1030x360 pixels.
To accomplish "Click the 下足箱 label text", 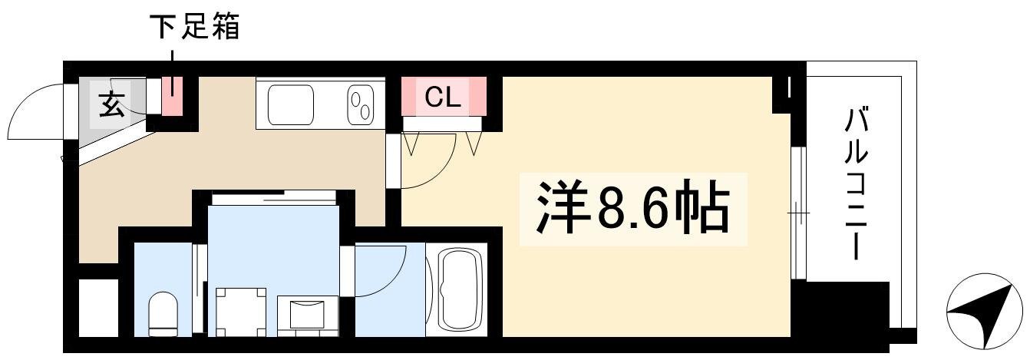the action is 194,27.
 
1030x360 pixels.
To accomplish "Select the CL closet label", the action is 442,97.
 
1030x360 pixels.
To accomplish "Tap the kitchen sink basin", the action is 291,105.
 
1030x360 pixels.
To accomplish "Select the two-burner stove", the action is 361,105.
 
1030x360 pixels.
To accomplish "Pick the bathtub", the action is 455,290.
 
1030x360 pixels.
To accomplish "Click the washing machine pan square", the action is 241,312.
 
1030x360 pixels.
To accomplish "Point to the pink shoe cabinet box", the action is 173,96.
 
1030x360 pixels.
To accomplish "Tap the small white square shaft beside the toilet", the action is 98,308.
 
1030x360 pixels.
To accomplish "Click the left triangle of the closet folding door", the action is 411,144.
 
